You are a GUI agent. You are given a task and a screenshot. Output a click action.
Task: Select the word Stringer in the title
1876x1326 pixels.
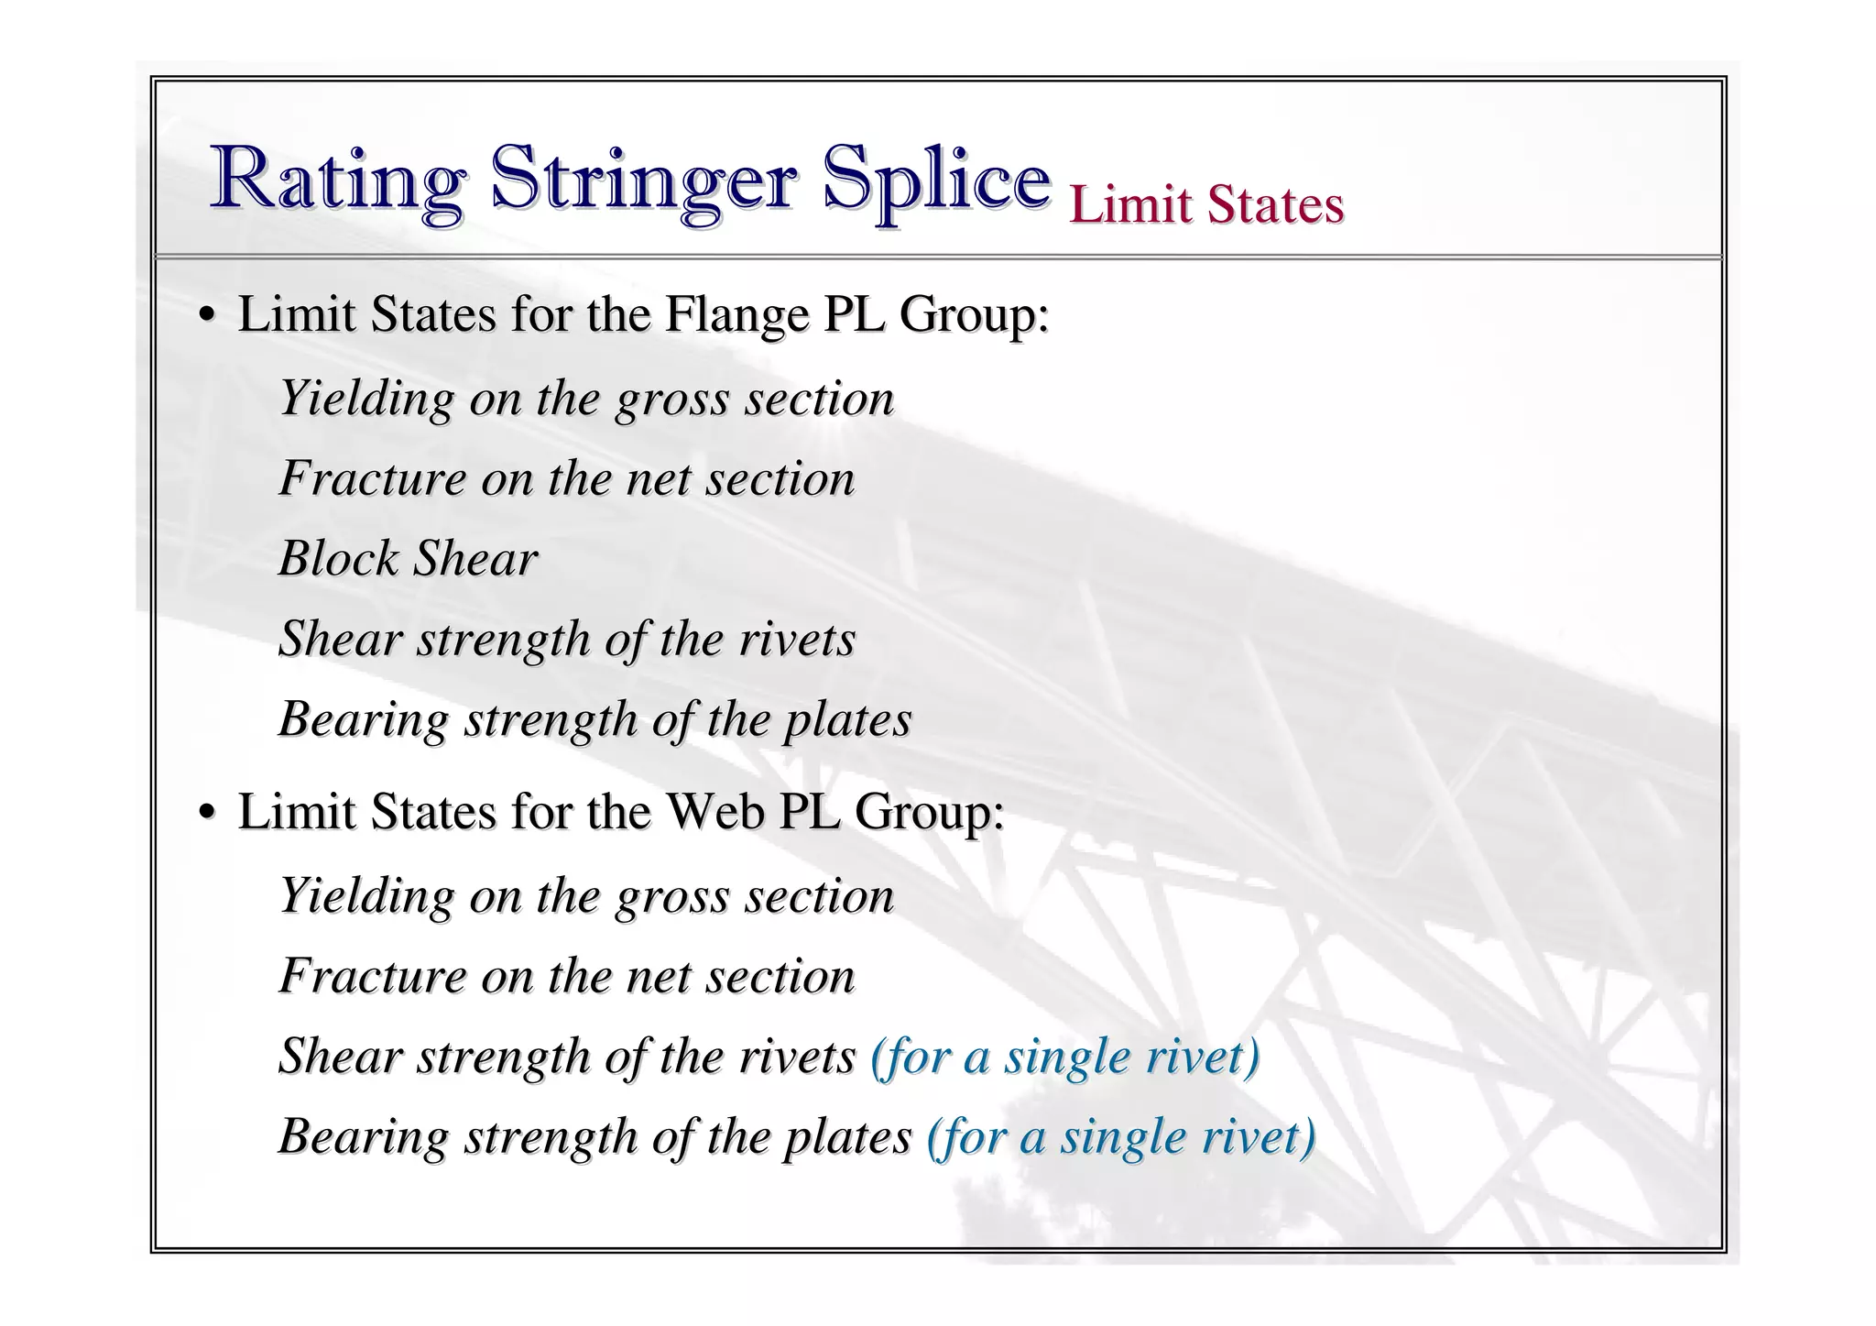tap(643, 179)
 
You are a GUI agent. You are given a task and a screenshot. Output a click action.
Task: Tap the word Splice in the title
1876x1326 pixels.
tap(935, 179)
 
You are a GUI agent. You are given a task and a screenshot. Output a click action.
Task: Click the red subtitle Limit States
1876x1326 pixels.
tap(1206, 203)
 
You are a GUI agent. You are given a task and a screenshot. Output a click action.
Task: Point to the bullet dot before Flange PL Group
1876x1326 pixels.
tap(207, 316)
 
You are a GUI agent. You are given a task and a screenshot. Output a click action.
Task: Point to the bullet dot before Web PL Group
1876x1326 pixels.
tap(207, 813)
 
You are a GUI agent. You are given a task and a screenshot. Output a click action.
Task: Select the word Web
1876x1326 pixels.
tap(714, 811)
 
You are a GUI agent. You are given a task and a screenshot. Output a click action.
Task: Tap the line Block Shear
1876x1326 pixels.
tap(408, 558)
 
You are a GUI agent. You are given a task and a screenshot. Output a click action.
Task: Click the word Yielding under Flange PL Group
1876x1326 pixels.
tap(366, 399)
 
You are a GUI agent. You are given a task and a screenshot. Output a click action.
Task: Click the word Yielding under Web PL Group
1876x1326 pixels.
tap(366, 895)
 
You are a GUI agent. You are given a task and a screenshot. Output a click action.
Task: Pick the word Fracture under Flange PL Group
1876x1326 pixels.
tap(373, 478)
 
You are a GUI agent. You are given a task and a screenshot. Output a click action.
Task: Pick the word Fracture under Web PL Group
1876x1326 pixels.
tap(373, 975)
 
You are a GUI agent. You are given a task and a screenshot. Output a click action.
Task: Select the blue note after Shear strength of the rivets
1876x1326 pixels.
tap(1064, 1056)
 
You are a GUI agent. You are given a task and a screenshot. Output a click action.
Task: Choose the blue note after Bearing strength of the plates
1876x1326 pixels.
tap(1121, 1136)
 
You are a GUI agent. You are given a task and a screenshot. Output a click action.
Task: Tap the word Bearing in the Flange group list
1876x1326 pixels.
tap(364, 719)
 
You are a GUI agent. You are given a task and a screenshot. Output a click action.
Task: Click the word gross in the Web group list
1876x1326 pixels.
tap(671, 896)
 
